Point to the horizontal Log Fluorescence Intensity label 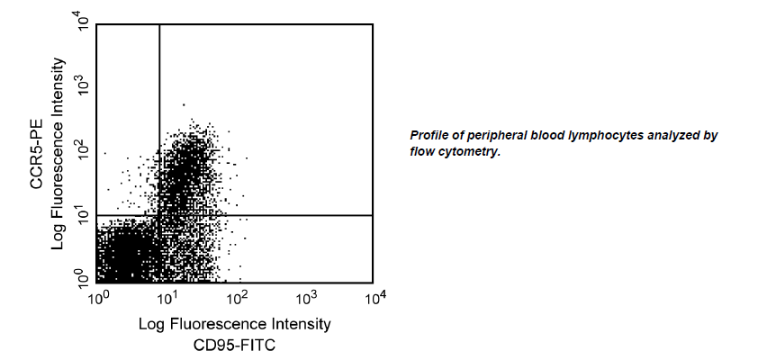pyautogui.click(x=235, y=323)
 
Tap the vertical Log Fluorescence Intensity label pyautogui.click(x=59, y=153)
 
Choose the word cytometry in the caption pyautogui.click(x=469, y=151)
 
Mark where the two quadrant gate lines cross pyautogui.click(x=159, y=215)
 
